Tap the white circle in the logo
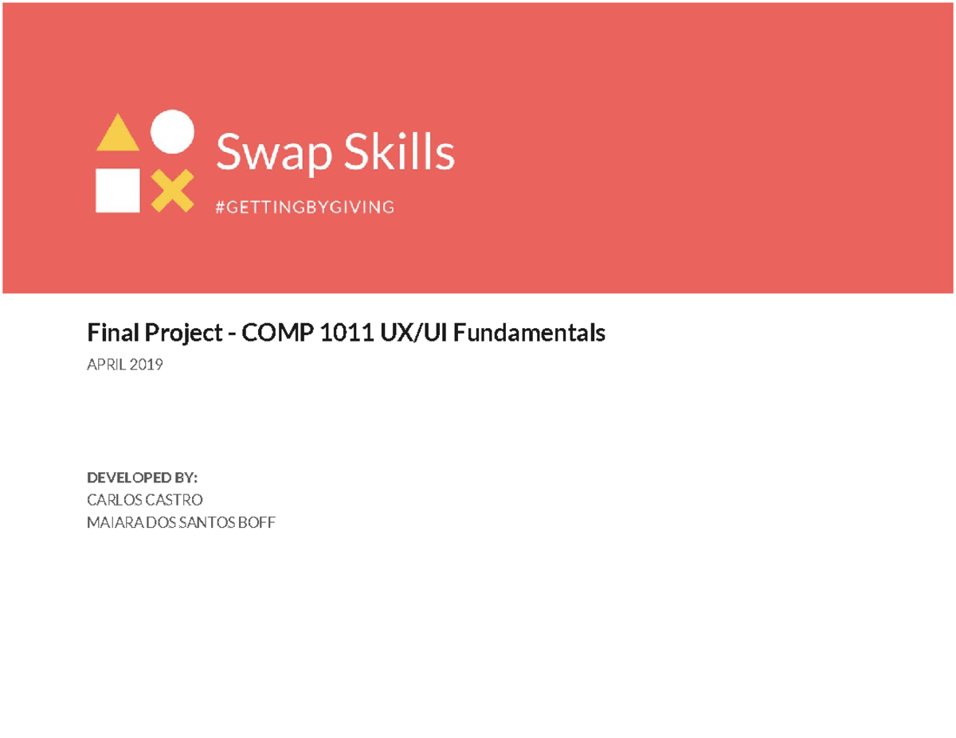point(172,131)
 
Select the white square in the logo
point(118,190)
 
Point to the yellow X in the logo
point(172,191)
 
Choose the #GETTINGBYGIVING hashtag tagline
point(305,208)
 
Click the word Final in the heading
point(109,334)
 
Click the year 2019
point(147,365)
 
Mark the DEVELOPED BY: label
point(142,478)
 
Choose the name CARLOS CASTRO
point(144,500)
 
